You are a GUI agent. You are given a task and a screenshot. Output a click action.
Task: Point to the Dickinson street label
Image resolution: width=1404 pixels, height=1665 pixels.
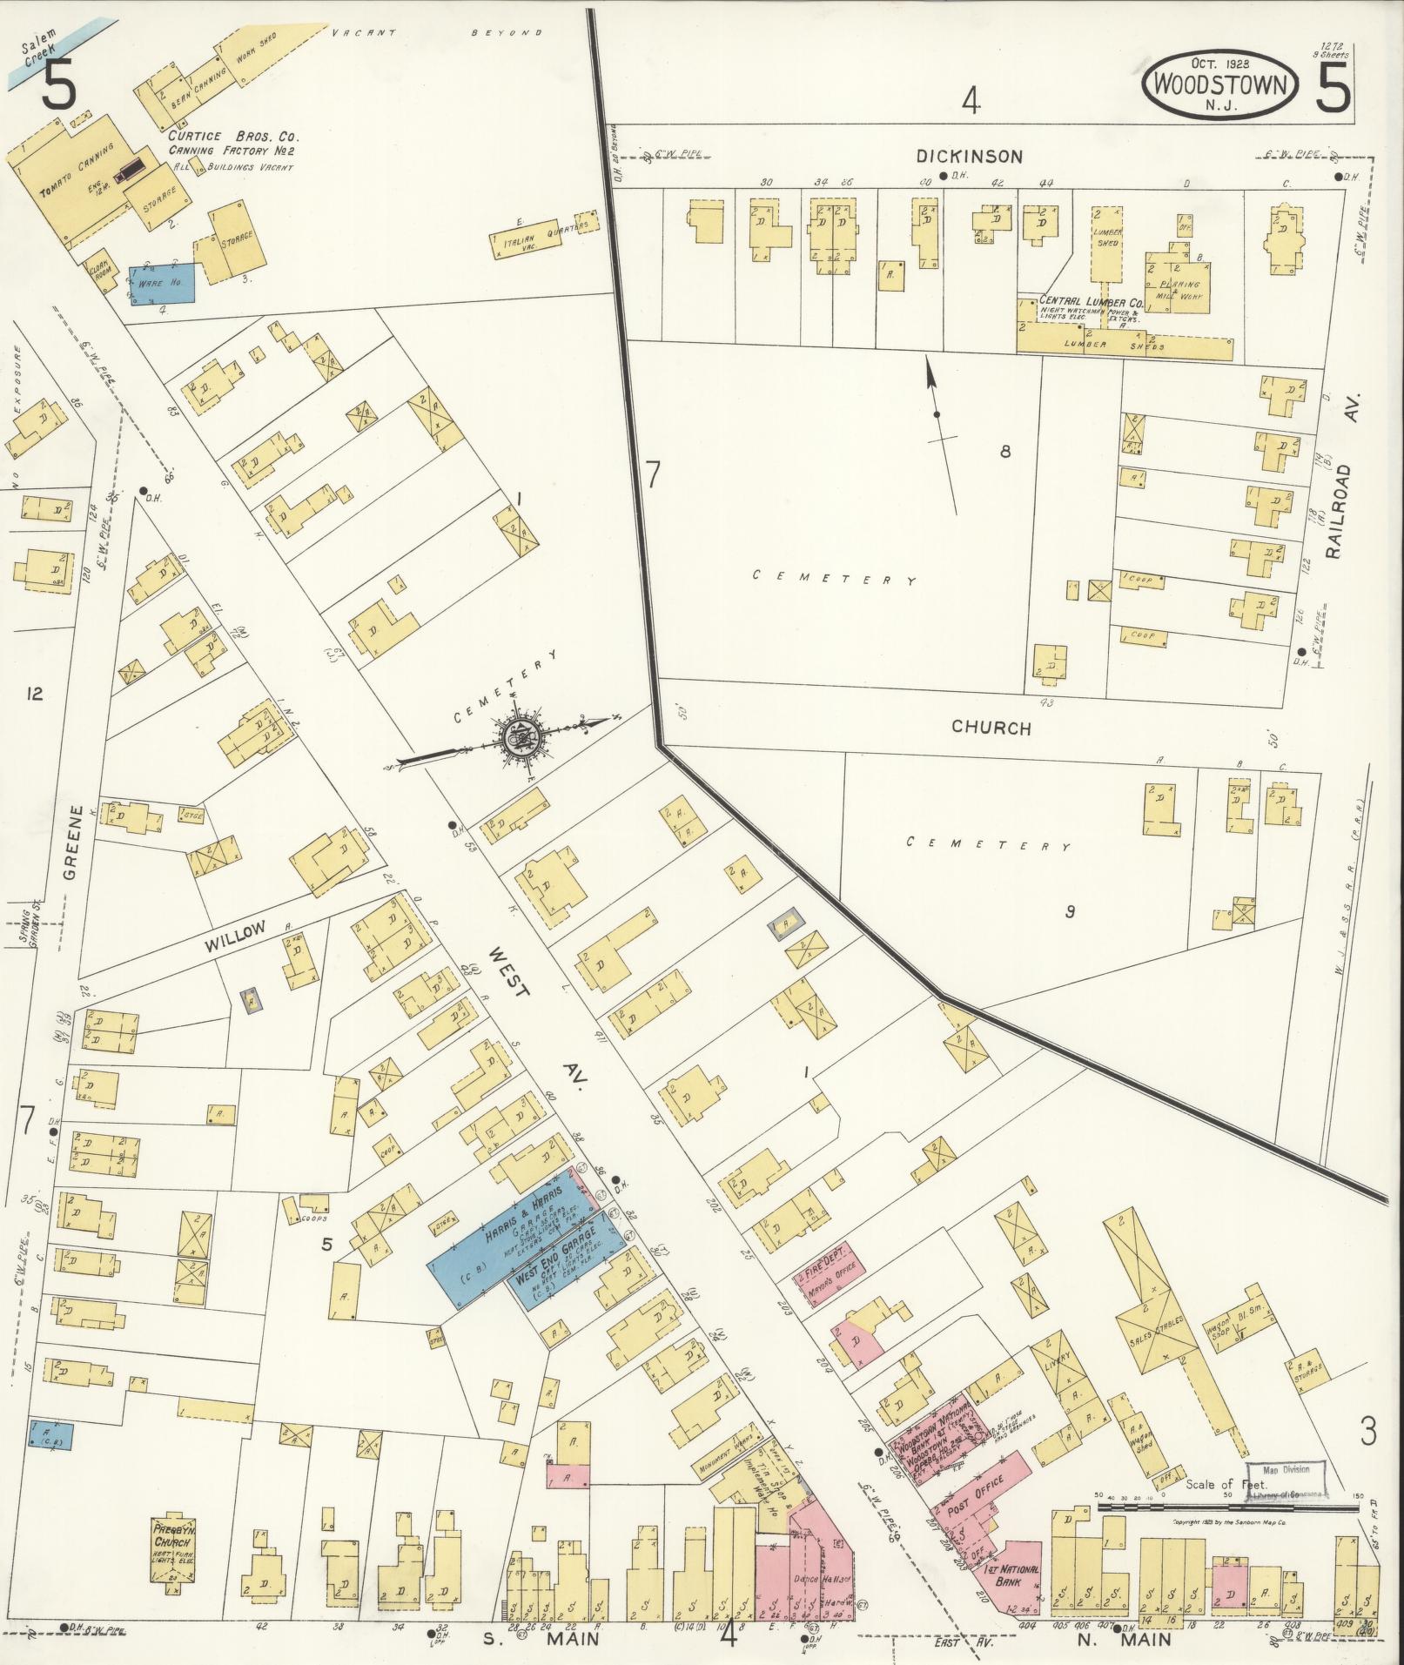(968, 157)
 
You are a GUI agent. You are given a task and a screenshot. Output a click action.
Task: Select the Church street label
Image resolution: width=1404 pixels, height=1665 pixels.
(991, 728)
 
